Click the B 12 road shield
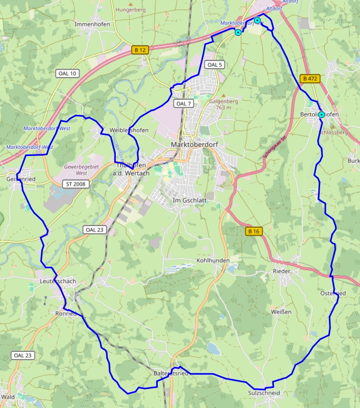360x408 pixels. coord(140,50)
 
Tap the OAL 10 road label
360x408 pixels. coord(67,73)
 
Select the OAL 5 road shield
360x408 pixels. coord(215,65)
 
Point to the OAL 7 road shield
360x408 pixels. coord(184,104)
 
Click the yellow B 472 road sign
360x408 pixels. coord(310,78)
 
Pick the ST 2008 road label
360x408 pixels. coord(76,184)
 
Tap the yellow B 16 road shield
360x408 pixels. coord(254,231)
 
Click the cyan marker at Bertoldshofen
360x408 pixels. coord(321,114)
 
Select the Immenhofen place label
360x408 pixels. coord(92,24)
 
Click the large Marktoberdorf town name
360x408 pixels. coord(194,144)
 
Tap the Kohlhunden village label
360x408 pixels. coord(213,260)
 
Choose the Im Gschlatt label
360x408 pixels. coord(190,200)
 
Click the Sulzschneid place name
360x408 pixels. coord(263,393)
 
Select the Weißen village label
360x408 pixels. coord(281,312)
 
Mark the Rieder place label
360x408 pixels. coord(281,271)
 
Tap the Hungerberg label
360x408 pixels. coord(130,9)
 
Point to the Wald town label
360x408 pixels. coord(8,397)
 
